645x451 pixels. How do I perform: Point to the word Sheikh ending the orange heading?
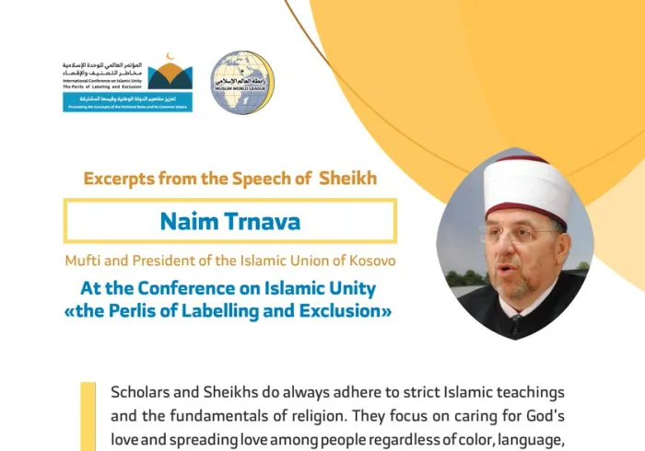[348, 179]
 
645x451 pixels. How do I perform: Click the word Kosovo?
[371, 260]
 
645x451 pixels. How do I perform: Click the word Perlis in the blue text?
[140, 312]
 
